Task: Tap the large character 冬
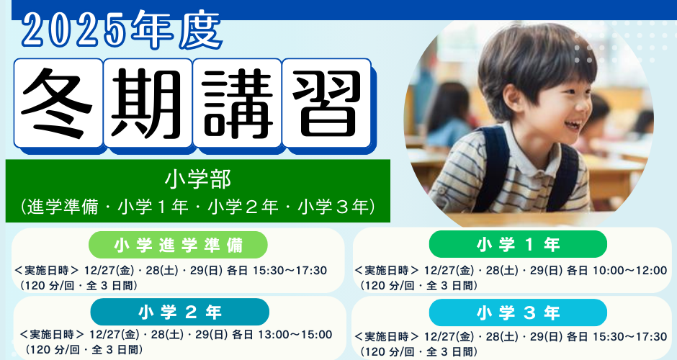(58, 103)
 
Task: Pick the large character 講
(238, 103)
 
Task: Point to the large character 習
(327, 103)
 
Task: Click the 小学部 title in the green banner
(198, 179)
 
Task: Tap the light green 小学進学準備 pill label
(178, 245)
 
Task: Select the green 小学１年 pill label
(518, 244)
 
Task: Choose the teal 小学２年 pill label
(179, 312)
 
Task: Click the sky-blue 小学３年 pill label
(518, 312)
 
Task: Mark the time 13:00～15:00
(295, 335)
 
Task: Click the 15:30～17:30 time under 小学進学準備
(290, 271)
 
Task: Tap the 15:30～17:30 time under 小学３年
(630, 336)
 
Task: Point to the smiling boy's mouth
(573, 125)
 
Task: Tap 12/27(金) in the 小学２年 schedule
(114, 335)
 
